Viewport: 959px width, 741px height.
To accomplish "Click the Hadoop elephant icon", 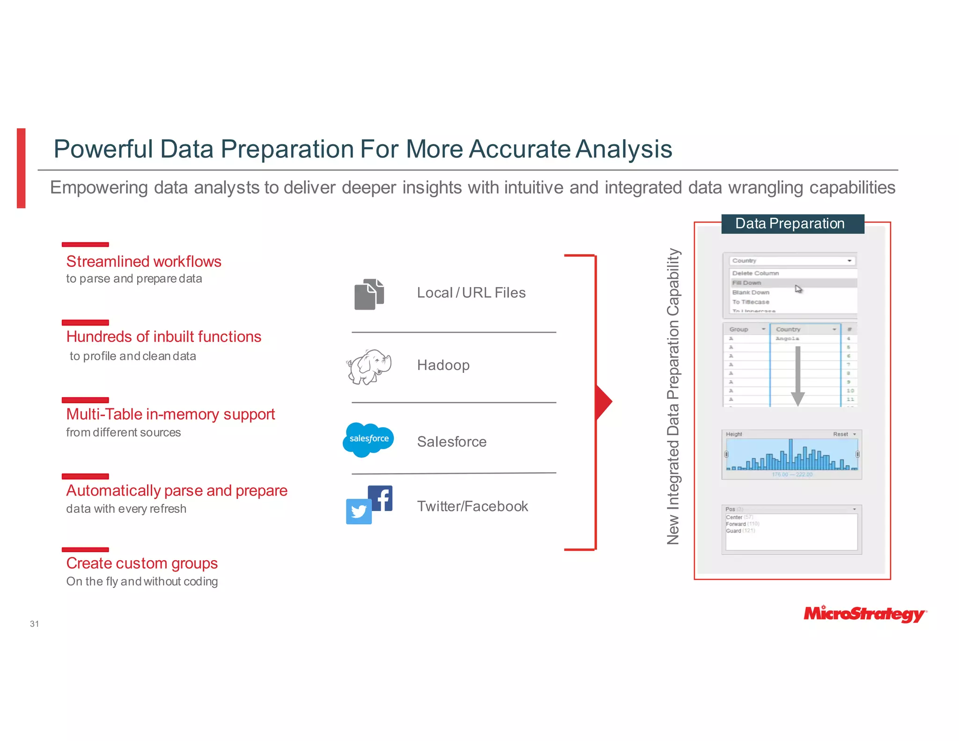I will [369, 366].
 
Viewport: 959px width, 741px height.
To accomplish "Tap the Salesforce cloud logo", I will [368, 439].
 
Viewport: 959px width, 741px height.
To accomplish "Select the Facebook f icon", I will [381, 498].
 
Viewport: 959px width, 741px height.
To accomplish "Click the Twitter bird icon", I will [359, 511].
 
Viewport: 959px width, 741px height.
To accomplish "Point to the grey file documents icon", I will [369, 295].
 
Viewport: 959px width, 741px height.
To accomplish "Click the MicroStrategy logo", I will [864, 614].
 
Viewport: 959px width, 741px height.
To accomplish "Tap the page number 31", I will [34, 624].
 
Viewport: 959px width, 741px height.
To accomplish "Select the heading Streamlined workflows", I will [144, 261].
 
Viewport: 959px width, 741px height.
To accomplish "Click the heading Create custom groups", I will [142, 563].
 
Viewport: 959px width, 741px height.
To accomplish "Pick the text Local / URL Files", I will [471, 293].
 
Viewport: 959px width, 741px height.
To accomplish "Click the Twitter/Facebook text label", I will [472, 506].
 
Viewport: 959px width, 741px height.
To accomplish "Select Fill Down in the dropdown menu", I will [747, 283].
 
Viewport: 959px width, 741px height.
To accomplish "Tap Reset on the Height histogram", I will [841, 434].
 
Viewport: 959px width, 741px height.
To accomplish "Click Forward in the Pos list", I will [736, 524].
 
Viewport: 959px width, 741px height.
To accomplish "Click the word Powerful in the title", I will [103, 149].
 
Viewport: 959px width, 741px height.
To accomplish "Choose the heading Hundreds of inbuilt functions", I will [163, 337].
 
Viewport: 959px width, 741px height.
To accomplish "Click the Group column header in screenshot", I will [739, 329].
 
